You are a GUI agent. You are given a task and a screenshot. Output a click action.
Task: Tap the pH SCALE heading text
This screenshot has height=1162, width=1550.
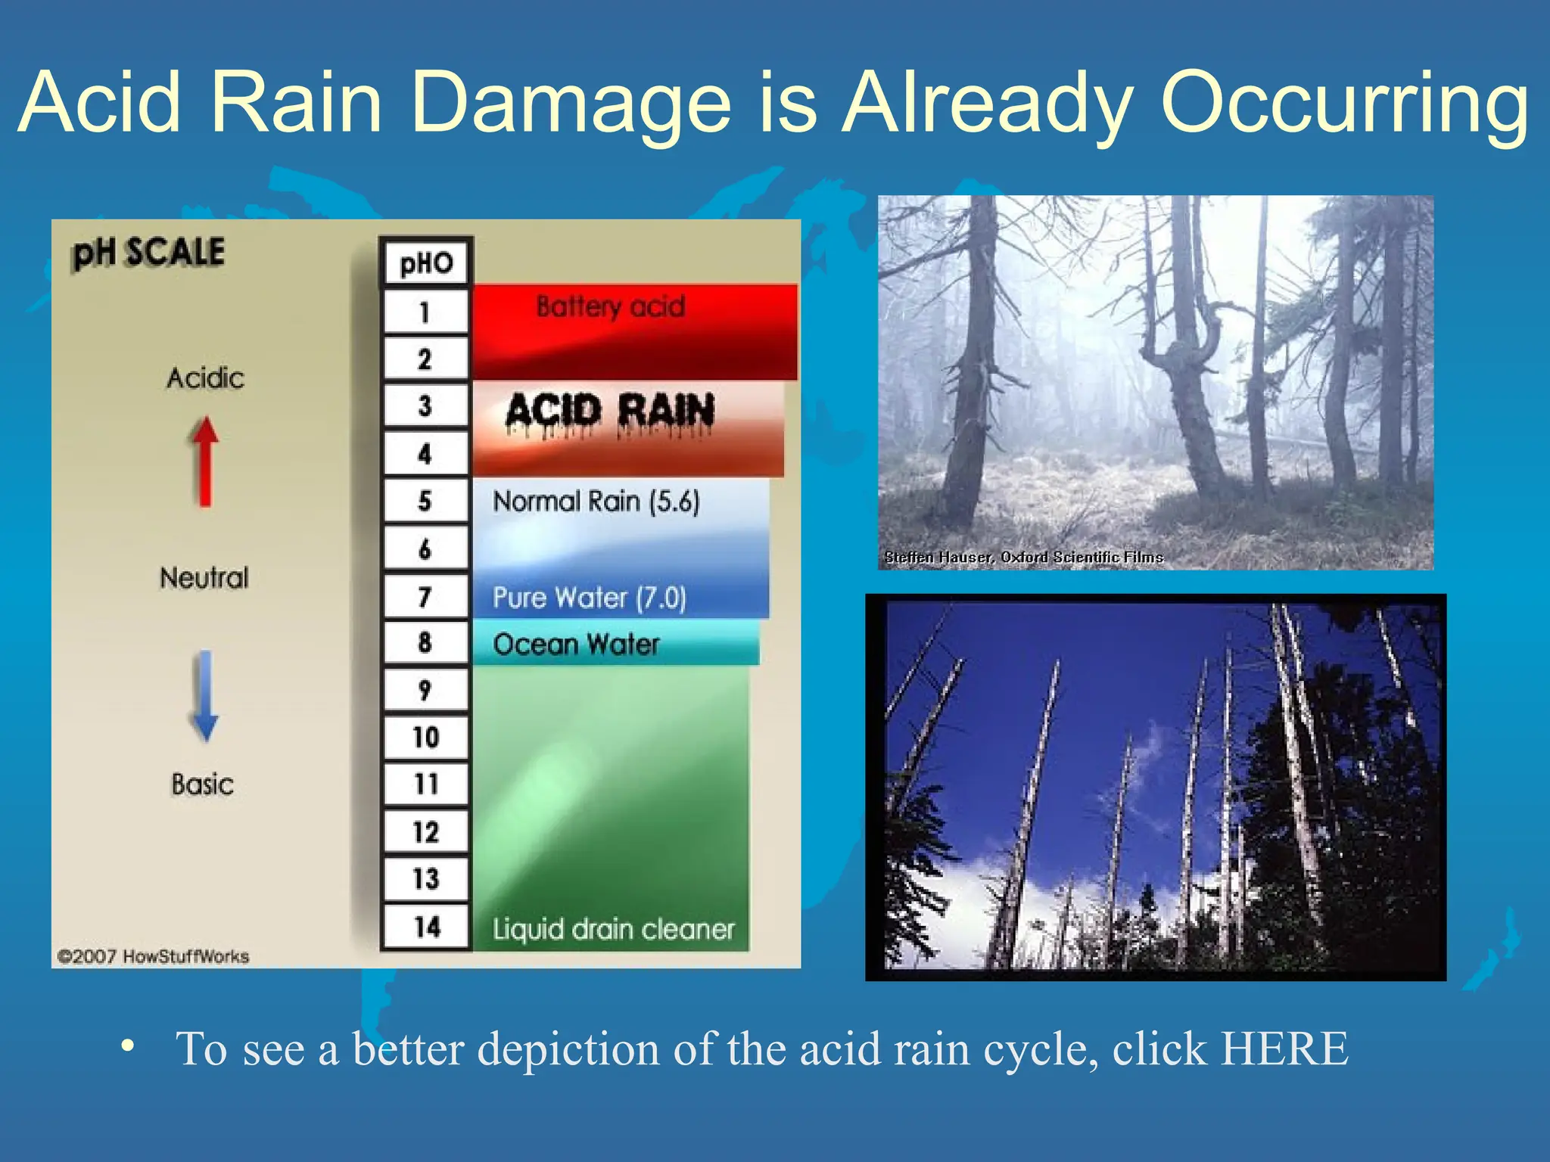148,253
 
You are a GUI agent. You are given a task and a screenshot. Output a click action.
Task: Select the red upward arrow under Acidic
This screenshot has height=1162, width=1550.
204,461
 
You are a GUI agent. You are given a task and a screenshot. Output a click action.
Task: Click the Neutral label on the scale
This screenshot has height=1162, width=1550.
204,578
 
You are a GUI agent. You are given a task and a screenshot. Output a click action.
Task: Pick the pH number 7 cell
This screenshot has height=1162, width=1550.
425,597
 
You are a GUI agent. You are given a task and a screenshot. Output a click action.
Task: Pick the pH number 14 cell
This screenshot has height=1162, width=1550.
426,927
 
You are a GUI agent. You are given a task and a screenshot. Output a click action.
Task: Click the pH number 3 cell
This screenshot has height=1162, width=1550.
425,406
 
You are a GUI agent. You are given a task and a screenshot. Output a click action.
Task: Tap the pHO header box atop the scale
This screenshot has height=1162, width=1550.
426,263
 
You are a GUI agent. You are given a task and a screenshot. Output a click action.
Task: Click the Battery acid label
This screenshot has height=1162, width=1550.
610,306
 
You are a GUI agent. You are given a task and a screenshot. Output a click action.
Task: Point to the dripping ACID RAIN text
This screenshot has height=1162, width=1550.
610,412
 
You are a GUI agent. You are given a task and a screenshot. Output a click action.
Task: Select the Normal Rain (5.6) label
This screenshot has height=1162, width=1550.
596,501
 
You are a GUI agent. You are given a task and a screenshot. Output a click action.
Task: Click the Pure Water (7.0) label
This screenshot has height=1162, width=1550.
590,598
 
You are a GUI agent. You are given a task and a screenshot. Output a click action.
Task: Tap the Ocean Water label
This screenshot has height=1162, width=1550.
576,645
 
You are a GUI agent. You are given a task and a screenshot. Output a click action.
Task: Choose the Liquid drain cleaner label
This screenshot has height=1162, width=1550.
614,929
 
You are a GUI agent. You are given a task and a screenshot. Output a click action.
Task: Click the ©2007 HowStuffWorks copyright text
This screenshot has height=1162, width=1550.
154,956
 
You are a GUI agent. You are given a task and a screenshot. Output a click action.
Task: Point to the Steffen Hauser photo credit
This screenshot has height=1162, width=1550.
1023,558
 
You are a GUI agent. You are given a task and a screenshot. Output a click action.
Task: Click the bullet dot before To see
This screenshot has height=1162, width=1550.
128,1046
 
